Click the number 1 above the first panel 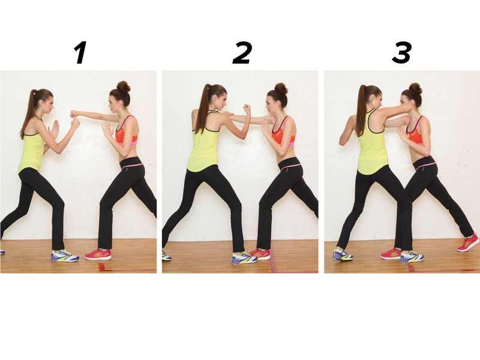click(x=80, y=53)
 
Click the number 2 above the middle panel click(x=242, y=53)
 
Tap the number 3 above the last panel click(x=401, y=53)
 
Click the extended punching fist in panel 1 click(x=73, y=114)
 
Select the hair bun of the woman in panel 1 click(x=124, y=86)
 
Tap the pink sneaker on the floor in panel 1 click(x=98, y=254)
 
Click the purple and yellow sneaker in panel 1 click(x=65, y=256)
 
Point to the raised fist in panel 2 click(x=247, y=109)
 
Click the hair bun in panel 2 click(x=281, y=89)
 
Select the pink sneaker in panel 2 click(x=260, y=254)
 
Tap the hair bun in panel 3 click(x=416, y=88)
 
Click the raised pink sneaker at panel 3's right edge click(x=468, y=242)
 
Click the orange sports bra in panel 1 click(x=127, y=134)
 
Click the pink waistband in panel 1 click(x=132, y=166)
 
